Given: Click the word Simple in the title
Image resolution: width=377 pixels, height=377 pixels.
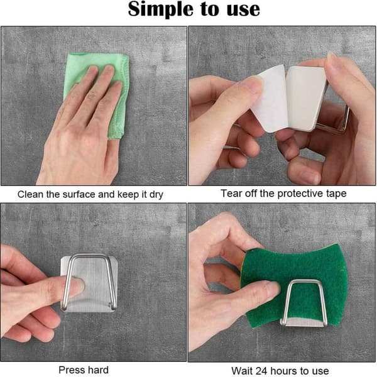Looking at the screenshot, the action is (x=160, y=10).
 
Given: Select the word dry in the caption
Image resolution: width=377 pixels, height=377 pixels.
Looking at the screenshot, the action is (x=156, y=195).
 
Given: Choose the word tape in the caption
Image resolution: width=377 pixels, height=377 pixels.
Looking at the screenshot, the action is (x=336, y=194).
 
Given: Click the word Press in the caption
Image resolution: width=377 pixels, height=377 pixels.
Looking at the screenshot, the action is (x=70, y=370).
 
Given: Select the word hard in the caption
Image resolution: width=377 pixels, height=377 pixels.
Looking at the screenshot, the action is (x=97, y=370).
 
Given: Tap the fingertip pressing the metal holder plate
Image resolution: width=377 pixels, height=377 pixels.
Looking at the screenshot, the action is (x=78, y=285).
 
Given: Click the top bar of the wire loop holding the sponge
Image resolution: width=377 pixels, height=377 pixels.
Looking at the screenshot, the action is (x=305, y=281).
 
